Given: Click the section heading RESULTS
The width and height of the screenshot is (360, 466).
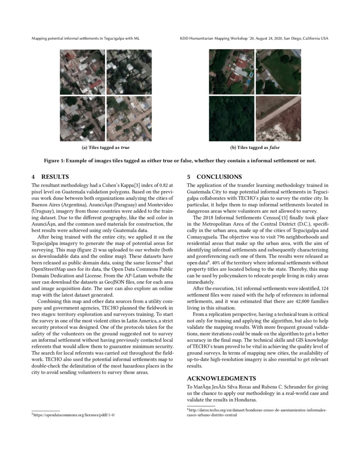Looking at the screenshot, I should (55, 177).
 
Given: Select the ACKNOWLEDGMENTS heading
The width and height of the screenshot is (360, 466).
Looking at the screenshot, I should (222, 378).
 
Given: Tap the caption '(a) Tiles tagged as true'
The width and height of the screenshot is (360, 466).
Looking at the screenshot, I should (105, 148).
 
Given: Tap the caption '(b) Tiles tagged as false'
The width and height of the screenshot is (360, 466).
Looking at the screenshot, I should (255, 148).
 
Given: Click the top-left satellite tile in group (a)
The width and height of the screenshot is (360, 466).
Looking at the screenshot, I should (82, 72).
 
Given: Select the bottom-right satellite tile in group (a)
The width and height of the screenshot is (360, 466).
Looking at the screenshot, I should (129, 119).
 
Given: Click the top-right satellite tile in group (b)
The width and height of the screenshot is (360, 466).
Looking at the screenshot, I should (278, 72).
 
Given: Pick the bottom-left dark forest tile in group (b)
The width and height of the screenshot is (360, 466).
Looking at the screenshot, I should (231, 119).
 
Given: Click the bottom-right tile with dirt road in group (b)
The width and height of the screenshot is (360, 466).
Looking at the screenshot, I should (278, 119).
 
